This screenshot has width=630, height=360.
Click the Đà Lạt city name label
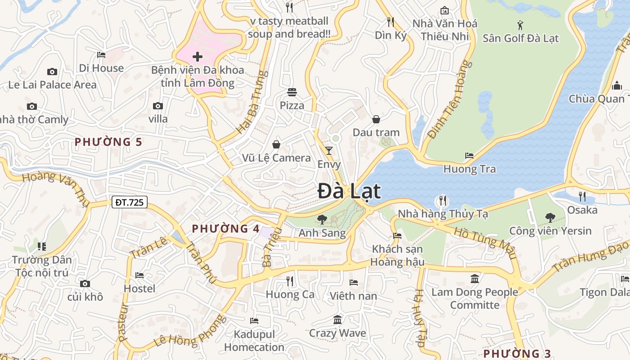(x=349, y=191)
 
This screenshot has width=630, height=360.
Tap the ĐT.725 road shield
(x=130, y=202)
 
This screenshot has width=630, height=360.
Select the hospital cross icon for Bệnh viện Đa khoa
(x=197, y=57)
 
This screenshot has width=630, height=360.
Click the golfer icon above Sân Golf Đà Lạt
(x=520, y=25)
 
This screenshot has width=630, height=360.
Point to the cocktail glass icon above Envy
(x=329, y=150)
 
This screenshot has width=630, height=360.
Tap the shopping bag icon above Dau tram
(x=376, y=119)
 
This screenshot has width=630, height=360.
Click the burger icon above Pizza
(x=292, y=92)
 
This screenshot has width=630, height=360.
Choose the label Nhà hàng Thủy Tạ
(x=443, y=214)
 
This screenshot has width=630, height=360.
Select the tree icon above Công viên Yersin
(x=550, y=218)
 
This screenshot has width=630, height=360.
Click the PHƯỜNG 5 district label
(x=108, y=142)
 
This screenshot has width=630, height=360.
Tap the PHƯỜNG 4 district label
(x=225, y=229)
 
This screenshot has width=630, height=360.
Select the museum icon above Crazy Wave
(x=337, y=320)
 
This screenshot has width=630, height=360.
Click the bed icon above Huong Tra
(x=469, y=156)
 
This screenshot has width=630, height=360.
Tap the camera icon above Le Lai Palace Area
(x=52, y=72)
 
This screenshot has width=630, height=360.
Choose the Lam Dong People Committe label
(x=475, y=298)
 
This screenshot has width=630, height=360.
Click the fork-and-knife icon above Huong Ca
(x=290, y=281)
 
